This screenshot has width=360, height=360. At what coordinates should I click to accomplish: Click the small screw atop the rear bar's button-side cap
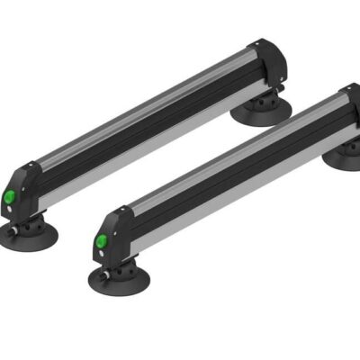[31, 167]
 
